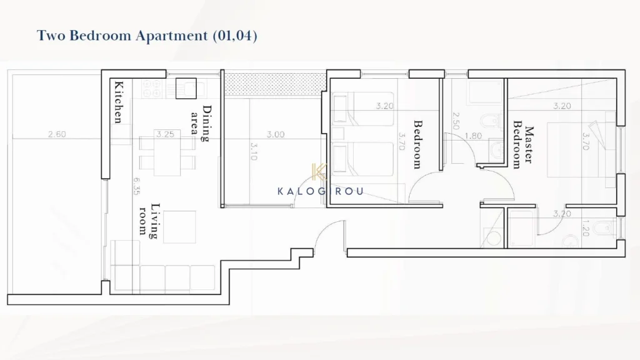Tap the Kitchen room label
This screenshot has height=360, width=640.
click(118, 102)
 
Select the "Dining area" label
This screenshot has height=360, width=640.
click(201, 123)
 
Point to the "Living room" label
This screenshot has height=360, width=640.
click(149, 221)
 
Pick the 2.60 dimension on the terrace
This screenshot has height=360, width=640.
click(57, 134)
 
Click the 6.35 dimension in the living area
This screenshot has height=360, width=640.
click(136, 186)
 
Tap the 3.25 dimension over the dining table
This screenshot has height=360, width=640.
click(165, 134)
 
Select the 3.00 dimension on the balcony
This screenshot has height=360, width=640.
click(276, 134)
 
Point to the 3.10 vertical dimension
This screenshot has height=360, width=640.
click(254, 151)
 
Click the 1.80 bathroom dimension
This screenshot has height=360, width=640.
click(473, 136)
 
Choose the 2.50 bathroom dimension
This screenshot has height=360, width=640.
click(456, 121)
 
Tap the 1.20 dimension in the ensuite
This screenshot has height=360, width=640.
click(585, 228)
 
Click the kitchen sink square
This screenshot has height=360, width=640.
click(186, 89)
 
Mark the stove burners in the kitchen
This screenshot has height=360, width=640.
click(152, 89)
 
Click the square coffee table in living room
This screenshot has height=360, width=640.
click(179, 227)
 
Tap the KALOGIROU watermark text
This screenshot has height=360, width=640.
click(321, 191)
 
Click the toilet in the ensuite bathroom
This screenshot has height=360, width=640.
click(604, 229)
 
